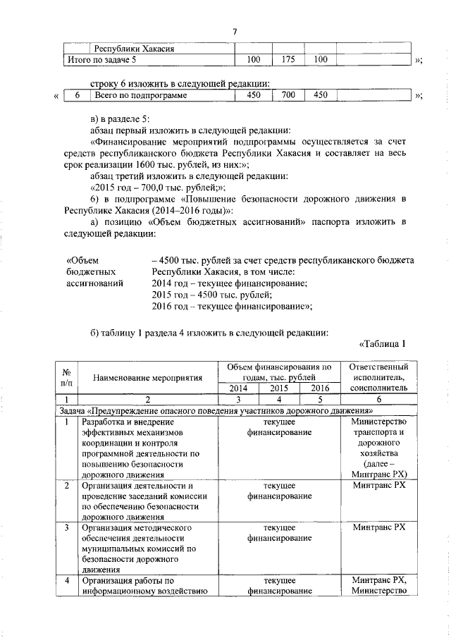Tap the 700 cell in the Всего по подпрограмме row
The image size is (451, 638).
click(288, 95)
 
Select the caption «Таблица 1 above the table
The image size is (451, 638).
click(383, 344)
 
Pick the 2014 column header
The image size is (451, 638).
click(238, 388)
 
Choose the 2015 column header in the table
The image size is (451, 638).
click(280, 388)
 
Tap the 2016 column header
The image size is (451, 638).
click(320, 388)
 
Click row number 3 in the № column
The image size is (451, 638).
click(65, 527)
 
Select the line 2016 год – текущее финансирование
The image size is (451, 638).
click(232, 306)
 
